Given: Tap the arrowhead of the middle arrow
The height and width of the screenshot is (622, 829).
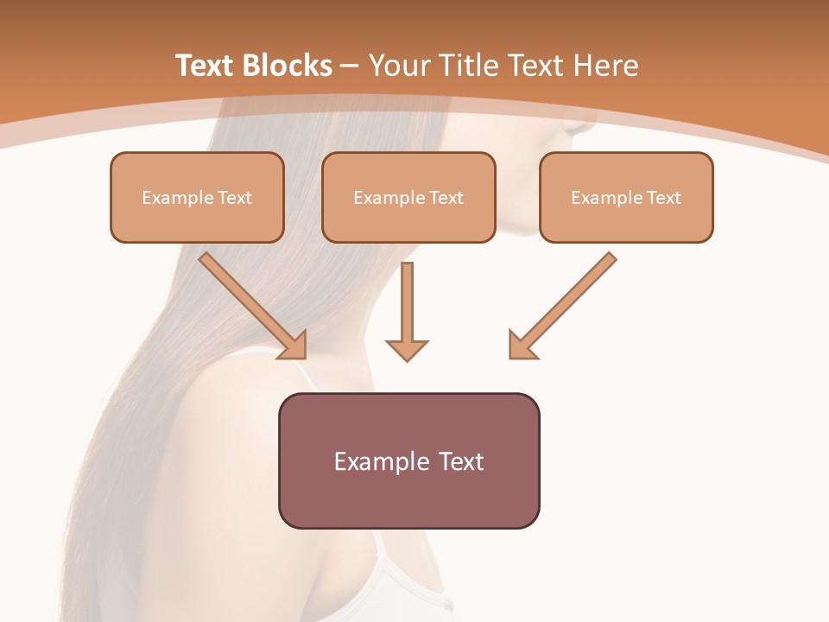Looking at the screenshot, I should pos(407,349).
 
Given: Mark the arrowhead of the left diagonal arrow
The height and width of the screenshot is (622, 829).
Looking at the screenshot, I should pos(294,346).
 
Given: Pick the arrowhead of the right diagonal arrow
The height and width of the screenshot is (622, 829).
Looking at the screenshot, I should pos(522,346).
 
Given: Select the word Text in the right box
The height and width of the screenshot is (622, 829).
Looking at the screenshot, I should pos(664,198).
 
